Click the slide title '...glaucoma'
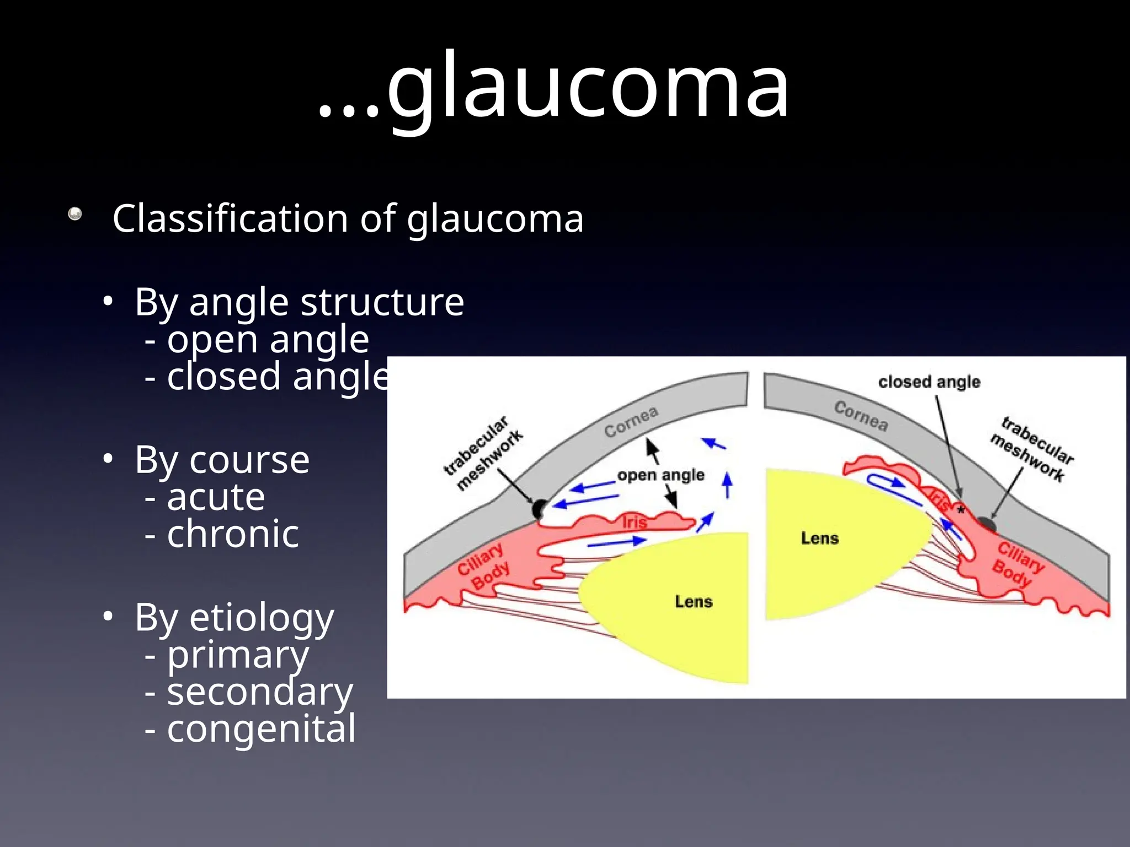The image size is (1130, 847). click(x=554, y=87)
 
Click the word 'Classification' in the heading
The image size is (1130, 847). click(x=231, y=218)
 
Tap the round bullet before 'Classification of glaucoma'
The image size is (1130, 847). click(x=75, y=214)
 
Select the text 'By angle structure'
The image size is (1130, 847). click(x=299, y=302)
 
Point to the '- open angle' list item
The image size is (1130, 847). click(x=257, y=340)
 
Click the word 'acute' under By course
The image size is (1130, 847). click(x=216, y=497)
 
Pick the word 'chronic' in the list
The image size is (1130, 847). click(x=233, y=534)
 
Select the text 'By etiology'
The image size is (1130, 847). click(x=234, y=618)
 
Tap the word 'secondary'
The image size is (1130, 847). click(x=260, y=692)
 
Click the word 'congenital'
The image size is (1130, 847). click(x=262, y=729)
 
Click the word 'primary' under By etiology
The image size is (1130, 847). click(x=238, y=655)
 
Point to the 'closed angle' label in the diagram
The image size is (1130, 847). click(x=929, y=382)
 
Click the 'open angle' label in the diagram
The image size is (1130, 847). click(x=660, y=475)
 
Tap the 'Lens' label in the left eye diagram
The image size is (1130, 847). click(x=694, y=601)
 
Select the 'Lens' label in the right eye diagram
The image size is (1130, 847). click(x=819, y=538)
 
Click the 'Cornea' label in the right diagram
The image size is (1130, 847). click(x=861, y=416)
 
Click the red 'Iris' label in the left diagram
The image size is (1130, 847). click(x=634, y=522)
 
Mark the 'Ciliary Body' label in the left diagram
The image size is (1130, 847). click(x=484, y=566)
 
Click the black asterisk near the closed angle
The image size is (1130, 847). click(x=961, y=510)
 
